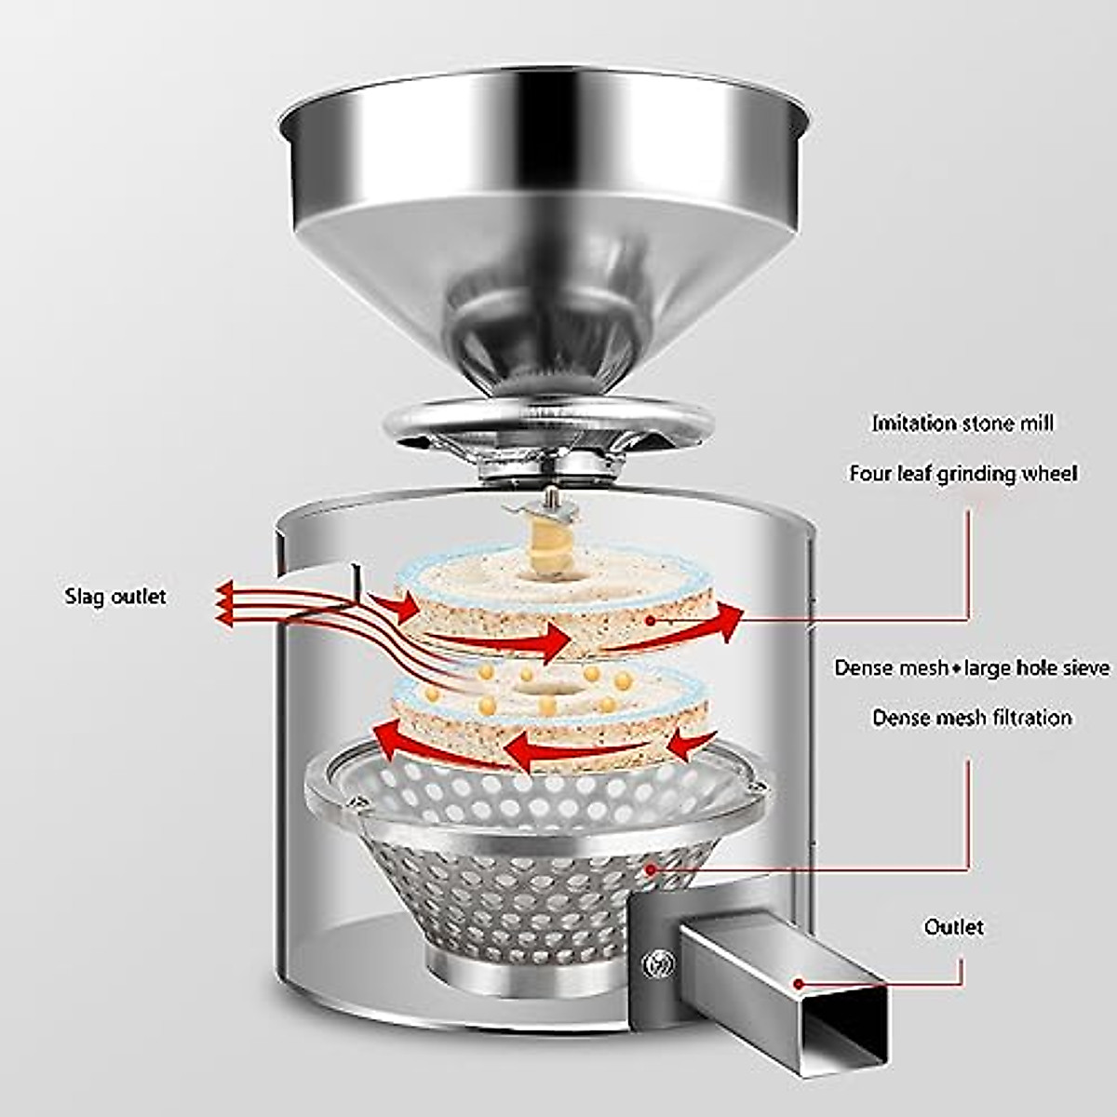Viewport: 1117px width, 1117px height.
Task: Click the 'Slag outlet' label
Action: tap(115, 596)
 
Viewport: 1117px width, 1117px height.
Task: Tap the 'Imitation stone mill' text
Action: tap(962, 424)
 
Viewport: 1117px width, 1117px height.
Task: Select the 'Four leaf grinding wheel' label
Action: tap(962, 474)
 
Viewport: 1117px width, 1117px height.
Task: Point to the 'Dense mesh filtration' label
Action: tap(971, 718)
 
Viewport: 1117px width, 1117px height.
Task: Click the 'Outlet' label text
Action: tap(953, 927)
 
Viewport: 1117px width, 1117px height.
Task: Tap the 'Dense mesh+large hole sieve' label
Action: tap(971, 668)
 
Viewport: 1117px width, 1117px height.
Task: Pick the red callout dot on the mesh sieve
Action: tap(651, 868)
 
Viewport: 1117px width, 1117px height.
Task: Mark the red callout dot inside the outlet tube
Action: tap(798, 982)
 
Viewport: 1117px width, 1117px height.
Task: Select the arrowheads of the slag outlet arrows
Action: tap(223, 600)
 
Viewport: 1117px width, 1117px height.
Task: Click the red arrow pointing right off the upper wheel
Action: tap(726, 617)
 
